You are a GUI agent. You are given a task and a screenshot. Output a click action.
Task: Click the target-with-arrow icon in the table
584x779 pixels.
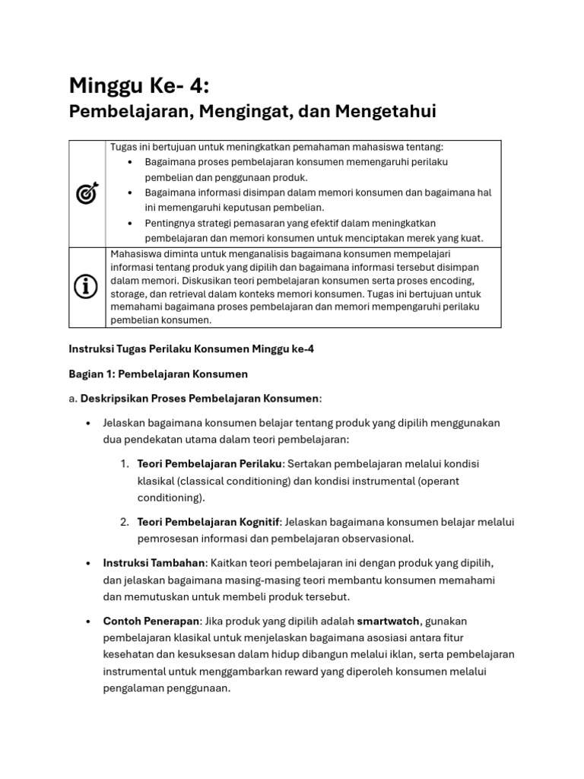87,194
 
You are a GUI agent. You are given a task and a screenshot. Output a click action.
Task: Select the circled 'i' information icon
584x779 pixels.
87,286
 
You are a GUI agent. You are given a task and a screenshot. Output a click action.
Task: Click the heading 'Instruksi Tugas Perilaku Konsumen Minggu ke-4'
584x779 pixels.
191,349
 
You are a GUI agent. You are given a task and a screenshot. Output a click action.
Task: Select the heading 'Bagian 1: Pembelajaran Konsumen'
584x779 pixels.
158,374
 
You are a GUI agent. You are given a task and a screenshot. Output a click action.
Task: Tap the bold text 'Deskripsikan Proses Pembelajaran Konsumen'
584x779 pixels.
200,399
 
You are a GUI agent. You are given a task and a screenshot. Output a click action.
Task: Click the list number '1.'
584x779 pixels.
125,464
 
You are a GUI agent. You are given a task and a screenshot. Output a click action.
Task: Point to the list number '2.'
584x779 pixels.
125,522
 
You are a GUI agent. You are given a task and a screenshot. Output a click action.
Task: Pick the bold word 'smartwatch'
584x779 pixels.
388,622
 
